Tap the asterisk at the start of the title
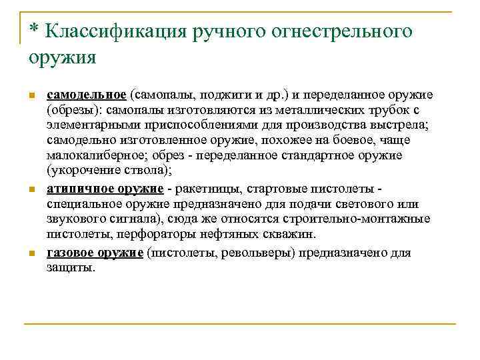[33, 31]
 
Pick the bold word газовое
[70, 253]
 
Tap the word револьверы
[260, 253]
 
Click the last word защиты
[71, 267]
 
